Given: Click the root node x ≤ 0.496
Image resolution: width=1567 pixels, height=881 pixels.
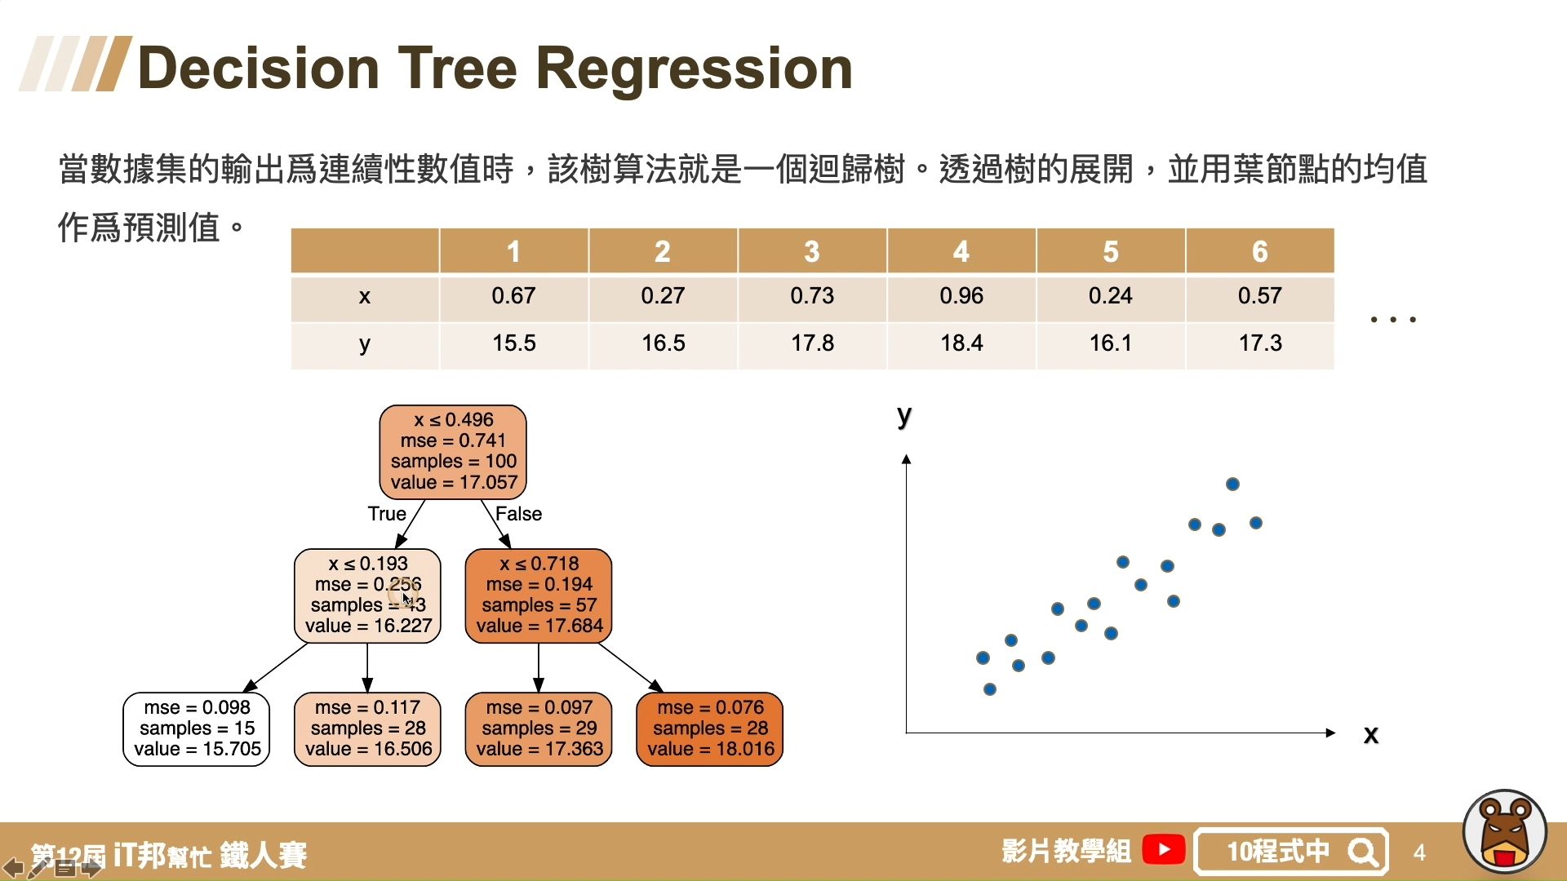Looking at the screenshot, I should pyautogui.click(x=453, y=451).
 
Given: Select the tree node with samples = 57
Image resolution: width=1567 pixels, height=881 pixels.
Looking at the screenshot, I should pyautogui.click(x=539, y=595).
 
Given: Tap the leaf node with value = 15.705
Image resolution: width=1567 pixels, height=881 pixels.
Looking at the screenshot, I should pyautogui.click(x=196, y=728).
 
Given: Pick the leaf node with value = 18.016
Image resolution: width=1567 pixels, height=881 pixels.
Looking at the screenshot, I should pyautogui.click(x=709, y=728).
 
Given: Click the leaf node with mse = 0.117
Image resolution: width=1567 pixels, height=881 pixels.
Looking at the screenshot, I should pyautogui.click(x=367, y=728).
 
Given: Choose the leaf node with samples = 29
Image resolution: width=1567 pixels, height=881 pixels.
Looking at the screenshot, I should pyautogui.click(x=539, y=728).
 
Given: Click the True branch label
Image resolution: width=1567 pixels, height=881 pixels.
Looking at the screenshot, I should pyautogui.click(x=386, y=514).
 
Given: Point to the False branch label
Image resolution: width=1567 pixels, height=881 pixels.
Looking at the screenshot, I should pyautogui.click(x=518, y=514).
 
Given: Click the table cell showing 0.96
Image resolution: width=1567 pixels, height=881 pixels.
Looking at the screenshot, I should pyautogui.click(x=961, y=296).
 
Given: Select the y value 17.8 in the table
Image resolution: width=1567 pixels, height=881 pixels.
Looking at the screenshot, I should pyautogui.click(x=812, y=343).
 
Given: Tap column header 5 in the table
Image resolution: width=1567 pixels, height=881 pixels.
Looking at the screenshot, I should pyautogui.click(x=1111, y=251).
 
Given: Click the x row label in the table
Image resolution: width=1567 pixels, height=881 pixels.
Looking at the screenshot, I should pyautogui.click(x=365, y=296).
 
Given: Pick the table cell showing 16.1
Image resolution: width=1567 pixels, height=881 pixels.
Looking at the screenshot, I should pyautogui.click(x=1111, y=343).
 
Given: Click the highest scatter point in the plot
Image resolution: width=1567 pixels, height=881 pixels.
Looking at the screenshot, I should pyautogui.click(x=1232, y=485).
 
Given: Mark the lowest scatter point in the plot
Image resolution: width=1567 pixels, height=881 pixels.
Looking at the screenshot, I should pyautogui.click(x=990, y=689).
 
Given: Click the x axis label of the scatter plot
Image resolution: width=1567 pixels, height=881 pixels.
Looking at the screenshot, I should pyautogui.click(x=1371, y=734).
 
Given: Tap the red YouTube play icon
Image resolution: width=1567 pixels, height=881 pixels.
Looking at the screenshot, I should pyautogui.click(x=1163, y=850).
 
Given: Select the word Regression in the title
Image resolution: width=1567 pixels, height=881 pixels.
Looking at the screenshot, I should pyautogui.click(x=694, y=68).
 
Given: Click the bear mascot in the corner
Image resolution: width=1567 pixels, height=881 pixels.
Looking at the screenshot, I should pyautogui.click(x=1505, y=832).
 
